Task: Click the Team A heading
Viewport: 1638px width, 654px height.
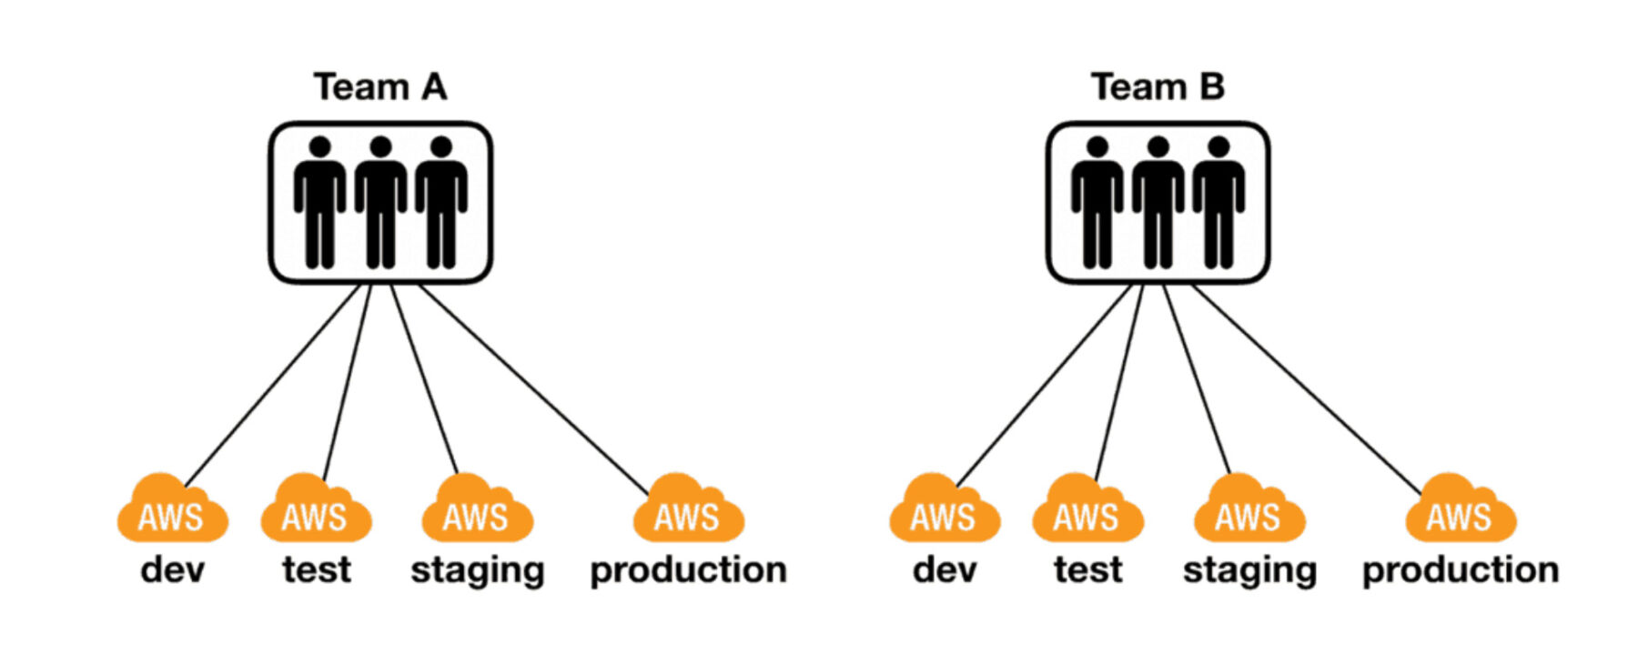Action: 380,87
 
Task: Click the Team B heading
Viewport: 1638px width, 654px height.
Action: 1158,87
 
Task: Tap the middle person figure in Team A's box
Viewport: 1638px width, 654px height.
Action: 380,202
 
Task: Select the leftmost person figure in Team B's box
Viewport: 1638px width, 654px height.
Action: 1097,202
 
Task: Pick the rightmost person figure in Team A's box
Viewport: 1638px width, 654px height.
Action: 441,202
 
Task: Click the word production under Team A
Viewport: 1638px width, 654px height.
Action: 688,570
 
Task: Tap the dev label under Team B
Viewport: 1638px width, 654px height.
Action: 945,570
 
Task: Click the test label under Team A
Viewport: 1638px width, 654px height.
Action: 316,570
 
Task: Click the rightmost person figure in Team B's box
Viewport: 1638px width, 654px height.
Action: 1218,202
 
